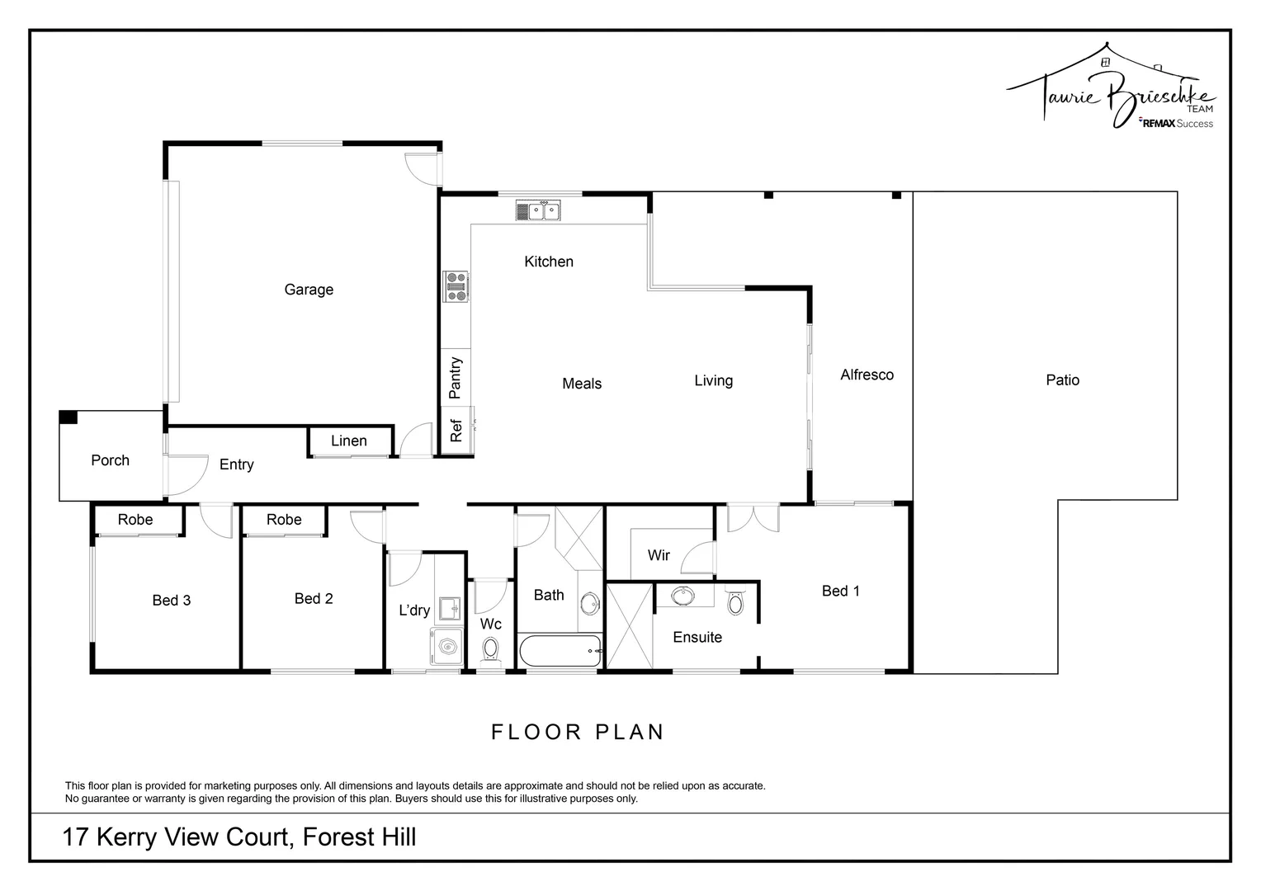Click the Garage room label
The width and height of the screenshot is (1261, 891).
coord(309,290)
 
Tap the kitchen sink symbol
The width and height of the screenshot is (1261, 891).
coord(538,211)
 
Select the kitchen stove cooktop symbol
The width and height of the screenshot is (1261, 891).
coord(455,286)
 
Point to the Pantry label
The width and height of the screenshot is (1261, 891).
coord(455,378)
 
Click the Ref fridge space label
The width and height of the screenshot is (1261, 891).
coord(456,431)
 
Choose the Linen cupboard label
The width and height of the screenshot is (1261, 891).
coord(348,441)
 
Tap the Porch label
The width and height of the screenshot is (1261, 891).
coord(110,460)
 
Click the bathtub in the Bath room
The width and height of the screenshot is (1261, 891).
coord(559,652)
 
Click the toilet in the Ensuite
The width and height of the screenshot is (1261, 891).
coord(735,603)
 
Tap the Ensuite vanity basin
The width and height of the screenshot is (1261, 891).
coord(682,595)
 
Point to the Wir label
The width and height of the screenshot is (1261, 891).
coord(659,555)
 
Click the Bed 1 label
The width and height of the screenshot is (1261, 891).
coord(840,591)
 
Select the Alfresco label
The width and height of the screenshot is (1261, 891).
coord(867,375)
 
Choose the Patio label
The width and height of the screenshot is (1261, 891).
coord(1062,380)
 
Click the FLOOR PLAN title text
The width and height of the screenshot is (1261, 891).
coord(578,732)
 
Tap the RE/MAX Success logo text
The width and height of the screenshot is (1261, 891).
coord(1176,124)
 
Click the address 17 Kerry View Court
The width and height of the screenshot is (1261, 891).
coord(239,837)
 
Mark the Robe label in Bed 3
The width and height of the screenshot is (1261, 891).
coord(135,520)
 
